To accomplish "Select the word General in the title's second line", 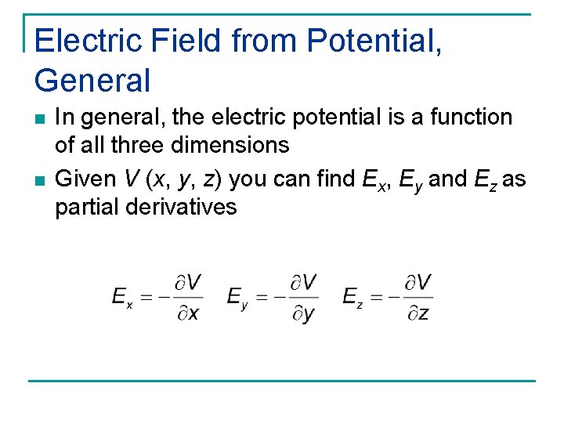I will (x=92, y=79).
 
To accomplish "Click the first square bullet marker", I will (x=40, y=119).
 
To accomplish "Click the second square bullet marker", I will (x=40, y=181).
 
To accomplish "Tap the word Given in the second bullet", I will (x=85, y=179).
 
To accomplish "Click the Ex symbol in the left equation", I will (x=122, y=297).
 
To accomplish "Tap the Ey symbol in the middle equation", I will (x=237, y=297).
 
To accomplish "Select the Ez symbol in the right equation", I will (x=352, y=297).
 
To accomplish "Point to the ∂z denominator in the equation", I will (x=418, y=313).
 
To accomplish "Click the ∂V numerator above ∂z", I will (x=418, y=282).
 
